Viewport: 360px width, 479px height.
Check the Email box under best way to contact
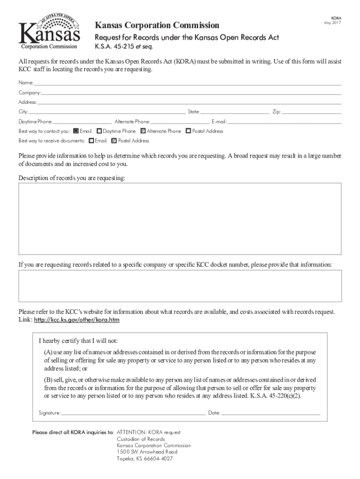(x=76, y=131)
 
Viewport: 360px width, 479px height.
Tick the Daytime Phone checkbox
(x=99, y=131)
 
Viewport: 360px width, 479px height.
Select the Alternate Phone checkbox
(x=143, y=131)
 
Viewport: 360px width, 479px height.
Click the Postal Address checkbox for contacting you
(x=188, y=131)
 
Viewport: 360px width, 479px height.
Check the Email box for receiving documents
(x=91, y=140)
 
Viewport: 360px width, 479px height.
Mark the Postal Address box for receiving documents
(x=114, y=140)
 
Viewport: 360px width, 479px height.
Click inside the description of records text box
(x=180, y=218)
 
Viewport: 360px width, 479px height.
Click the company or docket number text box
(x=180, y=285)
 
